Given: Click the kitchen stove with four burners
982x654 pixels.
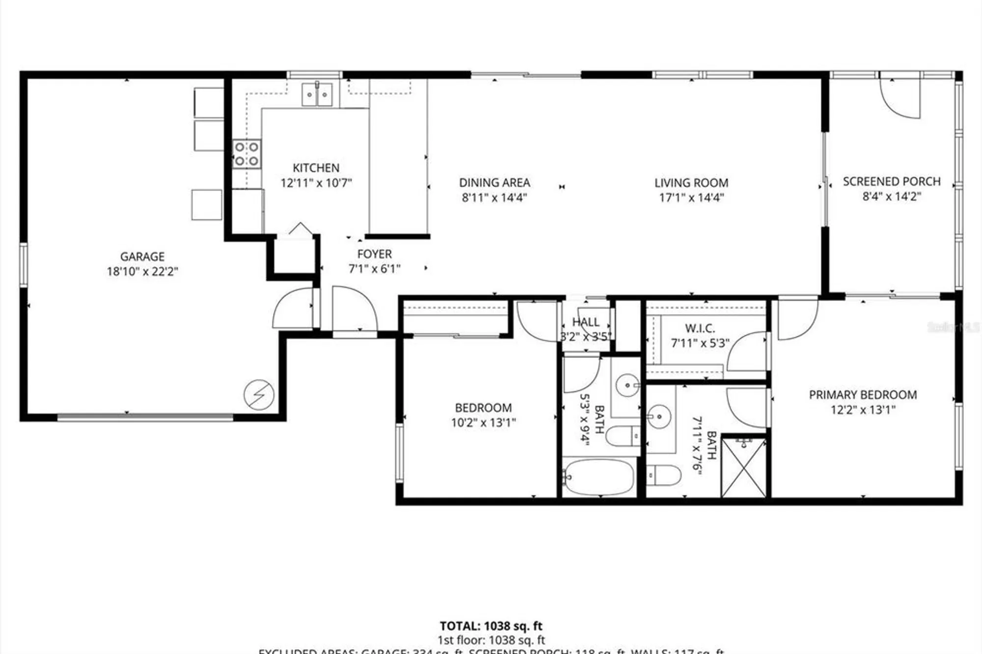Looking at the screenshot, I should point(246,154).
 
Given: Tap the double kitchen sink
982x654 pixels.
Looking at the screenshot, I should point(317,94).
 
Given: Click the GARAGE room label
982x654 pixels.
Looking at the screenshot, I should point(142,256).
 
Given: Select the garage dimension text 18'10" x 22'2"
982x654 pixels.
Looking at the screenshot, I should point(142,272).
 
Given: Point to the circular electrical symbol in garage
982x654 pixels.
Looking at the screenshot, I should point(259,395).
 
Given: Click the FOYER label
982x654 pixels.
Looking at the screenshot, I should point(374,254).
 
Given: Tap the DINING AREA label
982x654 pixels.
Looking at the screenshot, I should point(494,183).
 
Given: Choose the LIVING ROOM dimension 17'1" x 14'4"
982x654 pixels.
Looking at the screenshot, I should point(691,197).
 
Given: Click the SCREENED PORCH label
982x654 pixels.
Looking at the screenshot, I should point(892,181).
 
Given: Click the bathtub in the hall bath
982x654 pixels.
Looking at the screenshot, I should point(598,477).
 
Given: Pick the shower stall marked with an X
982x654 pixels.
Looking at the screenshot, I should point(744,468).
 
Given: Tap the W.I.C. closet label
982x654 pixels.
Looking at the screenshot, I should point(700,328).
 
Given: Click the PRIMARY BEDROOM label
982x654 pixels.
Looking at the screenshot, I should point(863,395).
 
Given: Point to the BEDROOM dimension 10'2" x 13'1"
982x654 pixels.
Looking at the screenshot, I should point(484,422).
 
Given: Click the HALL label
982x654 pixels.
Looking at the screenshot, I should point(586,322).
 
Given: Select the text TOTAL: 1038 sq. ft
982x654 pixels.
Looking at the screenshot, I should point(491,626).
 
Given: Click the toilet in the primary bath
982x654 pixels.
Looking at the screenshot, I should point(663,475).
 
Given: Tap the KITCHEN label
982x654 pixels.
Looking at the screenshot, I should point(316,168).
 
